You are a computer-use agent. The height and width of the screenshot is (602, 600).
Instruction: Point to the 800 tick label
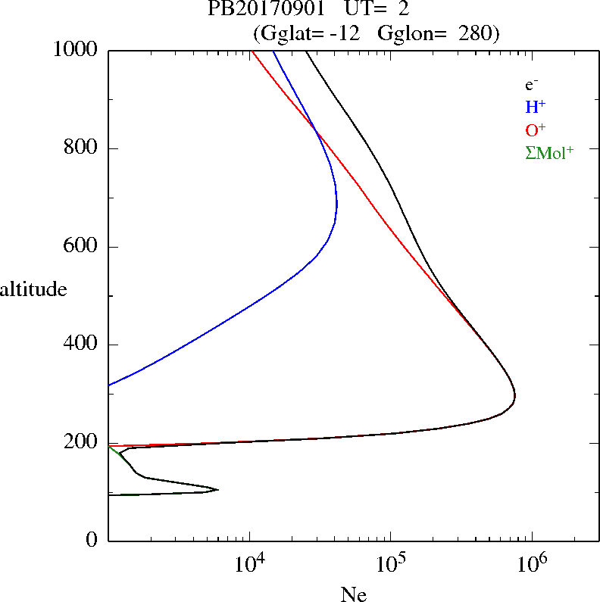click(x=81, y=148)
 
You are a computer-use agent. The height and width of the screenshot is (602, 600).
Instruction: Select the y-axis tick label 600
click(x=81, y=247)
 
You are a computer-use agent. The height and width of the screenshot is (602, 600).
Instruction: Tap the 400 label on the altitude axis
click(x=81, y=345)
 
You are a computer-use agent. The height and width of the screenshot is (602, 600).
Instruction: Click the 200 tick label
click(x=81, y=443)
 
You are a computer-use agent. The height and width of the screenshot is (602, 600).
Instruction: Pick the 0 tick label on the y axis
click(x=92, y=541)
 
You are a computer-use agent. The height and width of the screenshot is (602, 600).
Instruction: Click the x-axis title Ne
click(x=353, y=594)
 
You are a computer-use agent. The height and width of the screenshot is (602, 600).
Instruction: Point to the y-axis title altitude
click(x=33, y=289)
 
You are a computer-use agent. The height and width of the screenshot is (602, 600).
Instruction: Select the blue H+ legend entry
click(x=536, y=108)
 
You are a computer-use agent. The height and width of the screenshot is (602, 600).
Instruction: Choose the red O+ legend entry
click(x=536, y=130)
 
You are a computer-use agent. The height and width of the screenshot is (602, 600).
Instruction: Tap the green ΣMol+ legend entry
click(x=549, y=152)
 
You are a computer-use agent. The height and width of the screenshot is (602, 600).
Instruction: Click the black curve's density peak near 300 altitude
click(x=515, y=395)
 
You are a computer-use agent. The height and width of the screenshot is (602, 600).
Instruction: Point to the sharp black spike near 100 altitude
click(x=218, y=490)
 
